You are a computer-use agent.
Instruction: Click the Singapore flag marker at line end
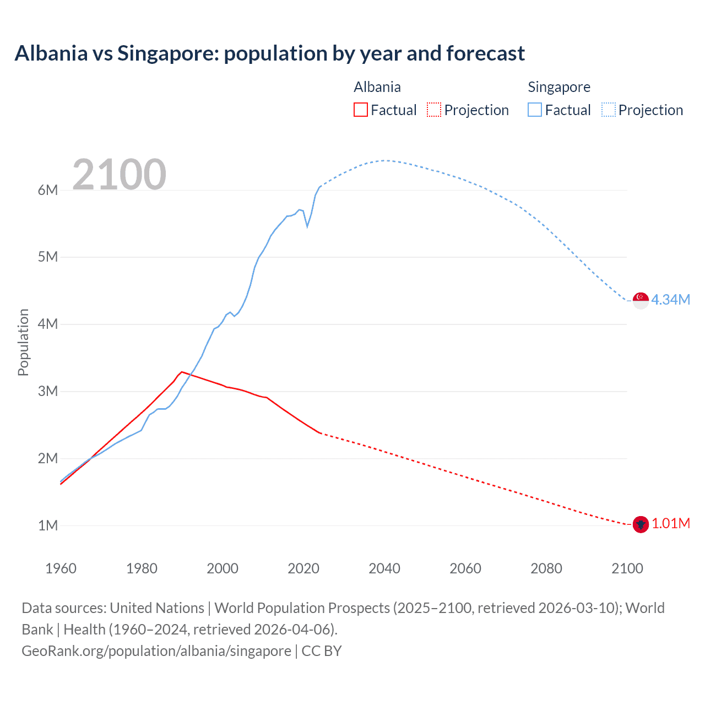pos(641,300)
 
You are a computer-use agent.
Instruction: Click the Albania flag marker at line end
pos(641,524)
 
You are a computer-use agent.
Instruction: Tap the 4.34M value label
pos(670,300)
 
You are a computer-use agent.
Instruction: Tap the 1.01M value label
pos(670,523)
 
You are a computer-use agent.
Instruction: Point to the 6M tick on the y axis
pos(48,190)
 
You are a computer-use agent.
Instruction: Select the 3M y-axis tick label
pos(48,391)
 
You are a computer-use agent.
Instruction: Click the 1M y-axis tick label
pos(48,525)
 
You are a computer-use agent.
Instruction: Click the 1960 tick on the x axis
pos(61,568)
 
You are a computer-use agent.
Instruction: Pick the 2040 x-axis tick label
pos(384,568)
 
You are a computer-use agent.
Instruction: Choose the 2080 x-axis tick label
pos(546,568)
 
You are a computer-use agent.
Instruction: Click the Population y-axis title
pos(23,342)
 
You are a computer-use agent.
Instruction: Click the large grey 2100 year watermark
pos(119,174)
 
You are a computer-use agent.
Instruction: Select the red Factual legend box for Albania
pos(360,110)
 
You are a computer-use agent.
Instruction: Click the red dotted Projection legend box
pos(434,110)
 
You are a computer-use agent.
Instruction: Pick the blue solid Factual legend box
pos(534,110)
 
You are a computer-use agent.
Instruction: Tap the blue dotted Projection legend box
pos(608,110)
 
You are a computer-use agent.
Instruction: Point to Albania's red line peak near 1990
pos(182,372)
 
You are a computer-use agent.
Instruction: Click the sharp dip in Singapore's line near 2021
pos(307,226)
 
